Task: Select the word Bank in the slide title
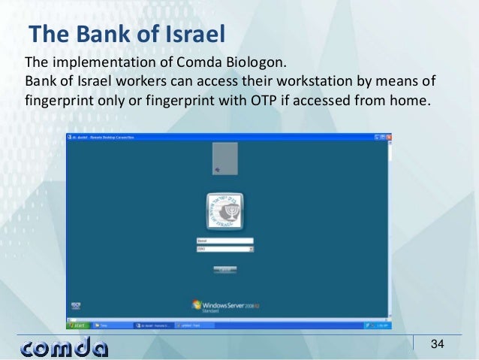95,35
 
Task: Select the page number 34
437,344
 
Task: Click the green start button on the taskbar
78,325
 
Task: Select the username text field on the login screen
224,241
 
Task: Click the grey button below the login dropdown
224,268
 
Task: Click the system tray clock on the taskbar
381,325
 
